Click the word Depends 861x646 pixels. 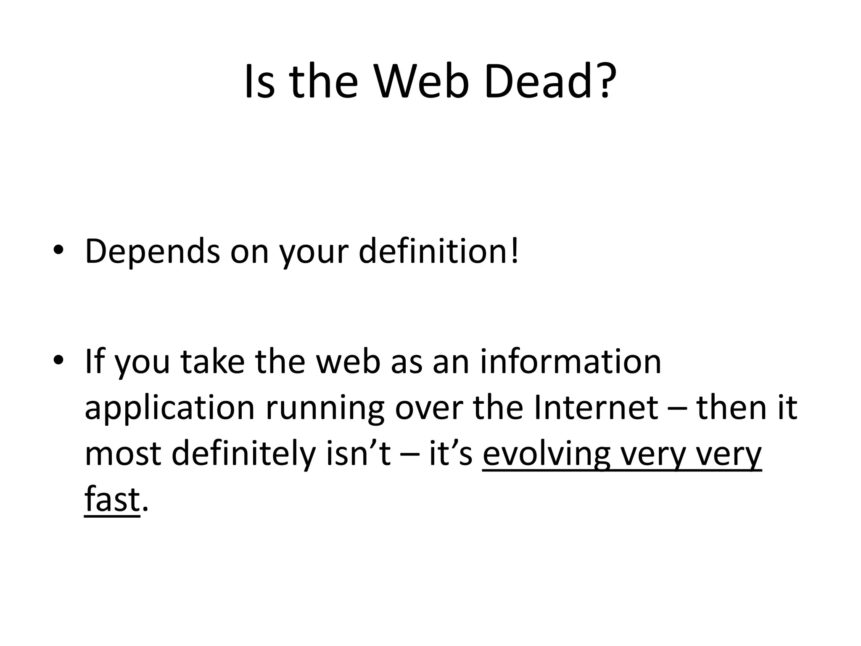click(152, 251)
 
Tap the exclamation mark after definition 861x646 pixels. click(515, 251)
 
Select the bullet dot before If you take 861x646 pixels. click(58, 360)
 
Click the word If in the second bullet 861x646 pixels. click(95, 362)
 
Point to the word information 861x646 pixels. click(571, 362)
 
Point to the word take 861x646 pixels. click(213, 362)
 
